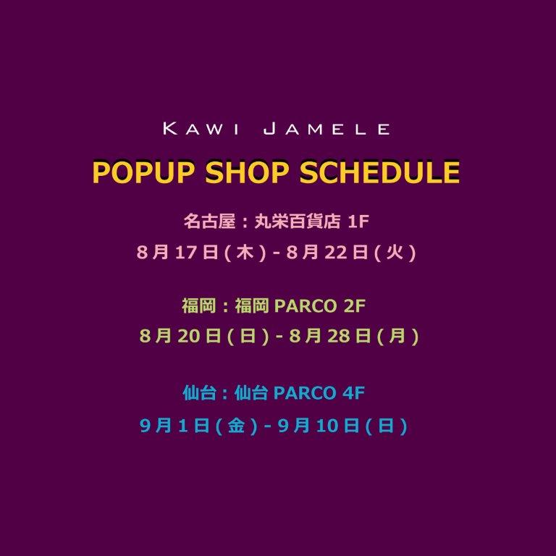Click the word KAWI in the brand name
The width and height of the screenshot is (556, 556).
pos(201,128)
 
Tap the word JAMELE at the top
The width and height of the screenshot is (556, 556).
pos(327,128)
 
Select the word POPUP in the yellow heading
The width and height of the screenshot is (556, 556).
pos(144,172)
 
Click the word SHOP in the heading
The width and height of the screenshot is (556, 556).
pos(247,172)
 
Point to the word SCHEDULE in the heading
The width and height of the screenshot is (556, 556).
pos(380,172)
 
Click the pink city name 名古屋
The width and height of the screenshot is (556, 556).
pos(209,222)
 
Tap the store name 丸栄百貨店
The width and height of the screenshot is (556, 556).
pos(298,222)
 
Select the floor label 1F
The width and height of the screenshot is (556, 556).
pos(358,222)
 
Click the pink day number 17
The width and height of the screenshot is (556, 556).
pos(186,253)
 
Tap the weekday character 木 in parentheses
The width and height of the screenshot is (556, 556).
pos(245,253)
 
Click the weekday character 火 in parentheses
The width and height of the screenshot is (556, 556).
pos(395,253)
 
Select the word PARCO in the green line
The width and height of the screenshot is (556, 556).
pos(306,306)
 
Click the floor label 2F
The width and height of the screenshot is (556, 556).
pos(355,306)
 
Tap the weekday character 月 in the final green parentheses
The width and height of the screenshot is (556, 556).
pos(397,336)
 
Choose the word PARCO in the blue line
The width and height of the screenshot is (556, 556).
pos(305,393)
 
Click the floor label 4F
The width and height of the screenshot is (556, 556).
pos(354,393)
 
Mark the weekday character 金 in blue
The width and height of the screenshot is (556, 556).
pos(236,426)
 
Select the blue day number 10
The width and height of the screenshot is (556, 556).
pos(327,426)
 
